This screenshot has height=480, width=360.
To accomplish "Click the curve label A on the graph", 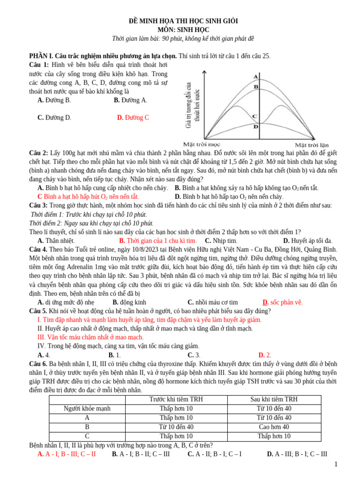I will pyautogui.click(x=255, y=76).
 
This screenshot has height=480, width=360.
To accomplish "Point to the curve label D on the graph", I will pyautogui.click(x=255, y=127).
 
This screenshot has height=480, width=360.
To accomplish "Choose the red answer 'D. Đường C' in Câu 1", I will pyautogui.click(x=133, y=118).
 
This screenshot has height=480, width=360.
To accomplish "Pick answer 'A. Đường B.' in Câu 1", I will pyautogui.click(x=54, y=100).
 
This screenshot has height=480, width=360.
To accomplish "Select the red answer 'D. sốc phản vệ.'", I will pyautogui.click(x=282, y=302).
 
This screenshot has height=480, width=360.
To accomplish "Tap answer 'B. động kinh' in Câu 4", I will pyautogui.click(x=129, y=302).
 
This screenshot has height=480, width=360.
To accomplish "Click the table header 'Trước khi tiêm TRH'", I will pyautogui.click(x=176, y=399).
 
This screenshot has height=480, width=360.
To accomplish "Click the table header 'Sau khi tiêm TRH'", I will pyautogui.click(x=274, y=399).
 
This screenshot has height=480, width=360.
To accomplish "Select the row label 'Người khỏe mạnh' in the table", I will pyautogui.click(x=87, y=409).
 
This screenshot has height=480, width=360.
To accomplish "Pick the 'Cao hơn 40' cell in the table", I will pyautogui.click(x=274, y=427).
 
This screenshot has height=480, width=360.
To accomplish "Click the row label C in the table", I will pyautogui.click(x=87, y=436).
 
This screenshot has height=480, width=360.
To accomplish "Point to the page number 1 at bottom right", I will pyautogui.click(x=336, y=464).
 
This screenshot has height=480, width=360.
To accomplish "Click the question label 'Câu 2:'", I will pyautogui.click(x=38, y=153).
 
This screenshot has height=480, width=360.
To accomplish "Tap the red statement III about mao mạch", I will pyautogui.click(x=90, y=337).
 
